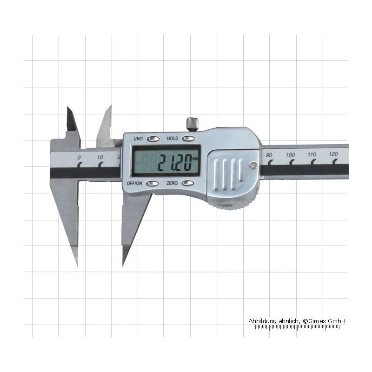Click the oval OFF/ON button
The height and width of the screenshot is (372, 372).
153,183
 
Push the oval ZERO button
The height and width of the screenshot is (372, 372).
188,183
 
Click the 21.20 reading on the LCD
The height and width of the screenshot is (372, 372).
175,162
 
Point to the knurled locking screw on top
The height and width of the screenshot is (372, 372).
193,124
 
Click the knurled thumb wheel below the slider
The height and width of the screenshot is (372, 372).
230,205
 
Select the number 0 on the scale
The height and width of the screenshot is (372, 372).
79,158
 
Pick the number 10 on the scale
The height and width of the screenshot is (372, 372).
100,157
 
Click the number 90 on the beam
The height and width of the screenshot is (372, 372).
269,155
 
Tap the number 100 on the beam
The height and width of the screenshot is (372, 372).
290,155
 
